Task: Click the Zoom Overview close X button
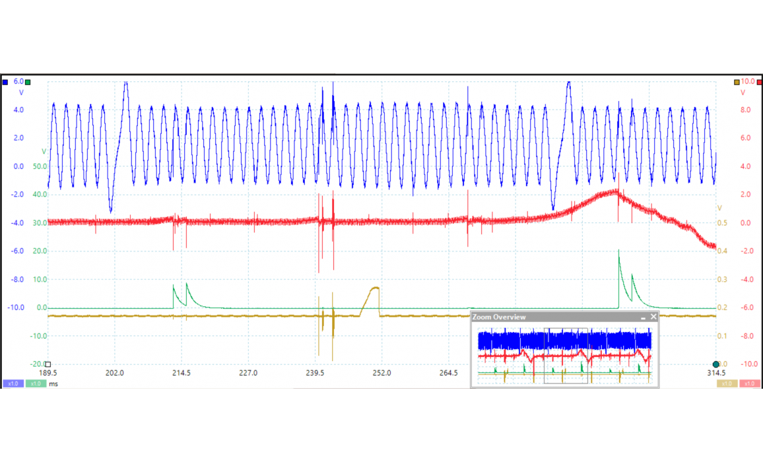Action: tap(653, 317)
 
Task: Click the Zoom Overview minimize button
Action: tap(644, 317)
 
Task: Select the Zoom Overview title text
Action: tap(500, 317)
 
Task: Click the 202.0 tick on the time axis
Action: tap(115, 373)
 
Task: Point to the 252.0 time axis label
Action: tap(381, 373)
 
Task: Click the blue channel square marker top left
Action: tap(5, 82)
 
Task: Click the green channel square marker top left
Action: tap(27, 82)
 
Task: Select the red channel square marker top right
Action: tap(758, 82)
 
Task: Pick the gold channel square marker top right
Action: tap(737, 82)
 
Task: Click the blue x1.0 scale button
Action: tap(13, 383)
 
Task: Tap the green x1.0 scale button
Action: tap(36, 383)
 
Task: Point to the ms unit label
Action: tap(53, 383)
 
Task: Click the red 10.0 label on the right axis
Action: tap(747, 81)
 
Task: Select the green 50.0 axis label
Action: tap(40, 166)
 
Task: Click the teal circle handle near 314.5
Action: tap(716, 364)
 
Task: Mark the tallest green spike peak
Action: tap(618, 251)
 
